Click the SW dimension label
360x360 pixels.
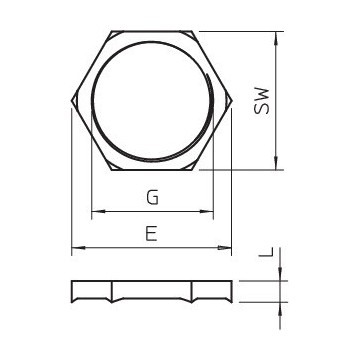[261, 101]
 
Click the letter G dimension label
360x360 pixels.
[152, 197]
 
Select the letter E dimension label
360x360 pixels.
[151, 234]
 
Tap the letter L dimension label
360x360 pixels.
[266, 252]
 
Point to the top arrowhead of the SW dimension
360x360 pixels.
[276, 38]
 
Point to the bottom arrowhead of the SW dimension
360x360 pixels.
[276, 164]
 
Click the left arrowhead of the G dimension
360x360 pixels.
[98, 211]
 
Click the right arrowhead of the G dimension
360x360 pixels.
[206, 211]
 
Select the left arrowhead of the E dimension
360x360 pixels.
[79, 248]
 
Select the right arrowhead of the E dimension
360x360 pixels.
[224, 248]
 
